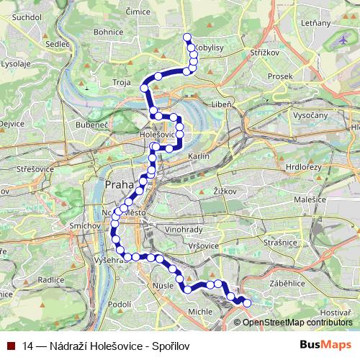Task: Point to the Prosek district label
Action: [279, 76]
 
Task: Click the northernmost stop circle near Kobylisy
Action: [187, 37]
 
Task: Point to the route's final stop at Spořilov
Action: [247, 303]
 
